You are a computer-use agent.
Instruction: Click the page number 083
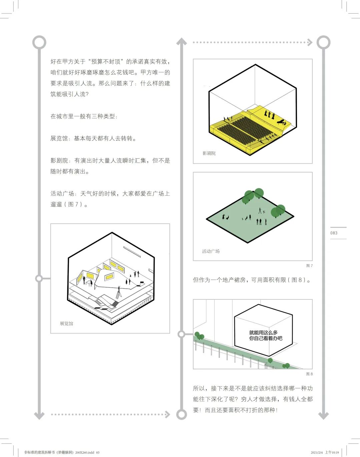click(334, 233)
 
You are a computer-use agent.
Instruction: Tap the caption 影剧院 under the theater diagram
click(209, 153)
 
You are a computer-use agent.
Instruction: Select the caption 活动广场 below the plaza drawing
click(211, 251)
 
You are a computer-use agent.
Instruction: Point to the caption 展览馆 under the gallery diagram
click(66, 324)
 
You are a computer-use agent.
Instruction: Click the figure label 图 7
click(309, 266)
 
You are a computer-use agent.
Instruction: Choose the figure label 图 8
click(309, 374)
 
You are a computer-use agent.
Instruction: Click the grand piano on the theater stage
click(282, 122)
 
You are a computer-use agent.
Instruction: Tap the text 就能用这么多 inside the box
click(263, 332)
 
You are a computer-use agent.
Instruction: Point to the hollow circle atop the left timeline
click(39, 42)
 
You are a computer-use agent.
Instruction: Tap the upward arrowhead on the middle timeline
click(181, 42)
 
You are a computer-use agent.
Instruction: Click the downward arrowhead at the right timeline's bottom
click(323, 416)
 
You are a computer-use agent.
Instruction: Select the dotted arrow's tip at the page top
click(310, 42)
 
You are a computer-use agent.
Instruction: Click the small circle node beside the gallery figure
click(39, 278)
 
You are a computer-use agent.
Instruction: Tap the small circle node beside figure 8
click(181, 334)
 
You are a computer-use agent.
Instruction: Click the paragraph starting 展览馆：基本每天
click(93, 138)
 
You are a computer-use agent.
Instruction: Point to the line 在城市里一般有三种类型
click(84, 116)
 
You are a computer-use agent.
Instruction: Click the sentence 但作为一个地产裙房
click(252, 280)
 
